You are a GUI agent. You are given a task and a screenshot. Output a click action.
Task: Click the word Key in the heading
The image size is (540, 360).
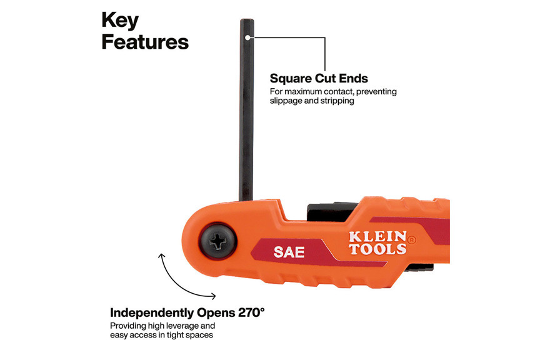[120, 21]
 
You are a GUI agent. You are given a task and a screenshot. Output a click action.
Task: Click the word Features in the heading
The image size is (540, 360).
[145, 42]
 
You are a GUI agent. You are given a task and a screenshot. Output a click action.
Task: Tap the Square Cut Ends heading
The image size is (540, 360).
[319, 79]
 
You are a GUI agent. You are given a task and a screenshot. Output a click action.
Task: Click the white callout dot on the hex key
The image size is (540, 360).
[248, 37]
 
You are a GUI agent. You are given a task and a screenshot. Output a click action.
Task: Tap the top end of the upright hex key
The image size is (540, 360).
[247, 19]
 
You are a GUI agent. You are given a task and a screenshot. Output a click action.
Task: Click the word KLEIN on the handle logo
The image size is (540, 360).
[377, 237]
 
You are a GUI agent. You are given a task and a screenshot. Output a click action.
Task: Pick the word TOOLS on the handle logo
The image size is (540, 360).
[377, 249]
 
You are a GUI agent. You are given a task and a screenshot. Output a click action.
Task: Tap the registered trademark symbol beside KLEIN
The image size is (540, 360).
[411, 240]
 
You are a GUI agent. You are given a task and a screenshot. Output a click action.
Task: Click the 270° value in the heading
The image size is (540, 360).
[251, 312]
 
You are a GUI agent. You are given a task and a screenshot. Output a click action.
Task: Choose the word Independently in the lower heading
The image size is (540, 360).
[152, 312]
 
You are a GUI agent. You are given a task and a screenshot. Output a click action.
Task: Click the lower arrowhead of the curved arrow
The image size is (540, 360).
[214, 296]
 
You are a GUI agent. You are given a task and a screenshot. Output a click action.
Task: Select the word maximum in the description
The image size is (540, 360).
[304, 92]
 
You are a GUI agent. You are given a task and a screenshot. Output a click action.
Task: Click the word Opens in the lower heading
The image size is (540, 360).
[216, 312]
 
